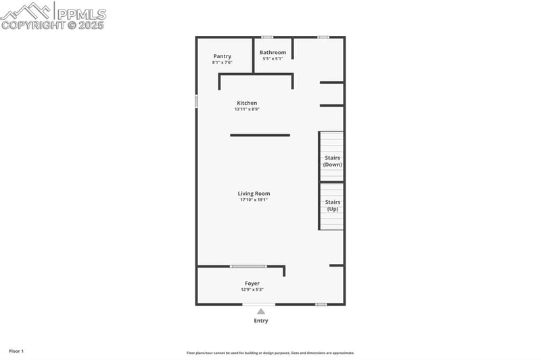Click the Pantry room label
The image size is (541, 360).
222,56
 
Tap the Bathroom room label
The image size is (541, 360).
273,52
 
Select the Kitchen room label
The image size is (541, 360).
247,103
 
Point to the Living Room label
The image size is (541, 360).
254,194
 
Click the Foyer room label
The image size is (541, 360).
252,284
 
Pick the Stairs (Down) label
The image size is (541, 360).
332,161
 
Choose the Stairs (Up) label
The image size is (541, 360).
332,205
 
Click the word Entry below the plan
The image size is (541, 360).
261,321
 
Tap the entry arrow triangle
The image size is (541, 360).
261,311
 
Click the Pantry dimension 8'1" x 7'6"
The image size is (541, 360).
222,62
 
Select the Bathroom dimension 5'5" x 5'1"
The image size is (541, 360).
273,58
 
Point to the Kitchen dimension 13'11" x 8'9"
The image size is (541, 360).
247,109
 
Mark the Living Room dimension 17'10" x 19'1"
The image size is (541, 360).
254,200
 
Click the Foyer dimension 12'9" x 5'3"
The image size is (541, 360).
252,290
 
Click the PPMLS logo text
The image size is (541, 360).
81,14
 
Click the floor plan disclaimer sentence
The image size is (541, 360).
270,353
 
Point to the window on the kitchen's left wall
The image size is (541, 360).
196,101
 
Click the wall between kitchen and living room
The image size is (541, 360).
260,135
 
